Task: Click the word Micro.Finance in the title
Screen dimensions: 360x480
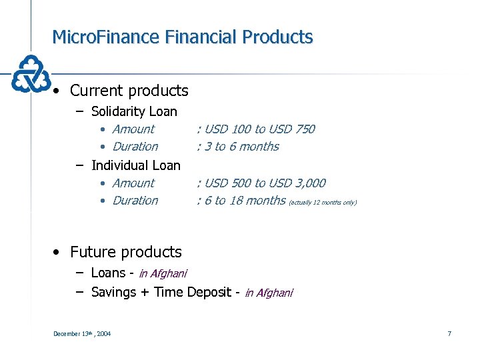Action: (x=103, y=37)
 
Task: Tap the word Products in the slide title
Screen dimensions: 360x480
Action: (x=278, y=37)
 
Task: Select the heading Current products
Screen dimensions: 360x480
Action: (x=129, y=91)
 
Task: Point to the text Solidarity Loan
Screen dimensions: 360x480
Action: (x=134, y=111)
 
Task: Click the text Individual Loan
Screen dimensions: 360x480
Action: (x=136, y=165)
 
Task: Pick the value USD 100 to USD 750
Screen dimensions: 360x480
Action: (x=259, y=129)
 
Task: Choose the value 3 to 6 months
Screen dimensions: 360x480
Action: (x=241, y=147)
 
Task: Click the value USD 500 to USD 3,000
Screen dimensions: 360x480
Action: (x=264, y=183)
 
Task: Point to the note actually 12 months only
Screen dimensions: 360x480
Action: (x=323, y=202)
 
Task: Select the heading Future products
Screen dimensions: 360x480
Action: (x=125, y=252)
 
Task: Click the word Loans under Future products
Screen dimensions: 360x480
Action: (x=108, y=273)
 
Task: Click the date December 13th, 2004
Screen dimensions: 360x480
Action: (x=82, y=333)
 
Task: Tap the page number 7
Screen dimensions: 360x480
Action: (x=449, y=333)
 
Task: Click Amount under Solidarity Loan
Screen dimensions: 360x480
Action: (x=133, y=129)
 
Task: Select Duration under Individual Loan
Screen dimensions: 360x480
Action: (x=135, y=201)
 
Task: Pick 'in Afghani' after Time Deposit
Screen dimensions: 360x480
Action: (x=269, y=293)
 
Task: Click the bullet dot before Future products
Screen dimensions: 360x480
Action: (x=59, y=253)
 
